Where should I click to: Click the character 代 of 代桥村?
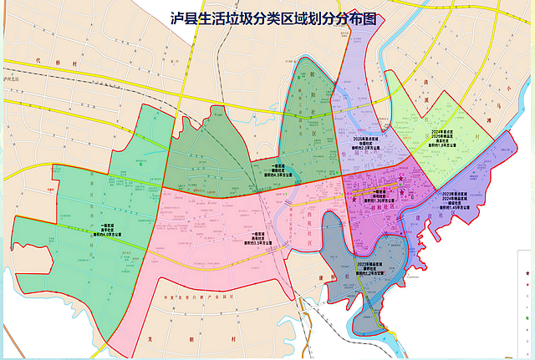coord(39,60)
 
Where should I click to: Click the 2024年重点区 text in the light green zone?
coord(441,131)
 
